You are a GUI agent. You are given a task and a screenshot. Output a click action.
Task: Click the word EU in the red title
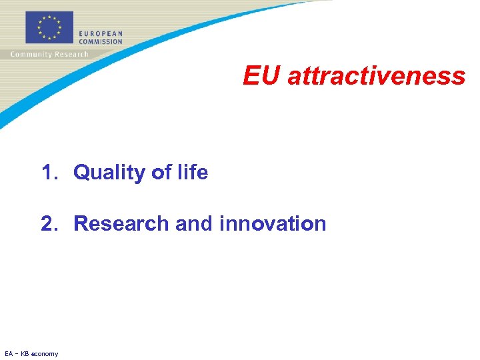click(x=261, y=76)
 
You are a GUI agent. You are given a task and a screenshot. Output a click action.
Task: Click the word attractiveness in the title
click(x=376, y=76)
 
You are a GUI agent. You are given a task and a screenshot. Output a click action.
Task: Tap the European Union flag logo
click(x=49, y=28)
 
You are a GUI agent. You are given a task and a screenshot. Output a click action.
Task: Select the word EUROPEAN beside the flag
click(x=101, y=33)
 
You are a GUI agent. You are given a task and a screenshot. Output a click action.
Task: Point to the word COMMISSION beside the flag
click(x=101, y=41)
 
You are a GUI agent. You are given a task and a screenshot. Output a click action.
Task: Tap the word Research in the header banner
click(x=70, y=55)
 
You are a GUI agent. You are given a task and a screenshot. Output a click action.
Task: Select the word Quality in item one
click(x=110, y=173)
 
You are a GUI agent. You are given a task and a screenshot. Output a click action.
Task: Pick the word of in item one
click(x=161, y=173)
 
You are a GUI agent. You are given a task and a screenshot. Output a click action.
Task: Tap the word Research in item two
click(x=121, y=223)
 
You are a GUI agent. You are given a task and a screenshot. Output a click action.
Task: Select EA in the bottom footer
click(x=8, y=353)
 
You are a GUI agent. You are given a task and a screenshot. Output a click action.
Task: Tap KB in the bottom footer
click(x=26, y=353)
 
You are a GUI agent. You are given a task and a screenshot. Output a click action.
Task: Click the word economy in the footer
click(x=45, y=354)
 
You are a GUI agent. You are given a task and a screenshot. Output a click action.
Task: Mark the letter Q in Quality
click(x=81, y=173)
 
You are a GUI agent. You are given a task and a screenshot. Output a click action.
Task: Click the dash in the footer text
click(x=17, y=353)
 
